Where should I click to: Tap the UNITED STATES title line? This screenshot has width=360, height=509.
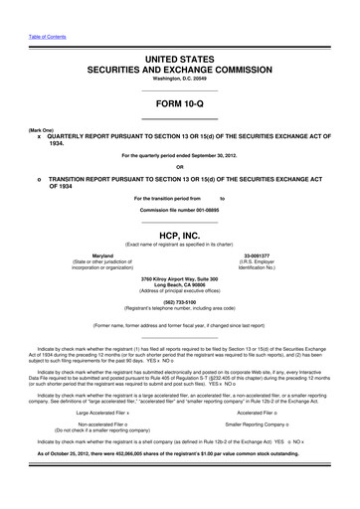[x=180, y=61]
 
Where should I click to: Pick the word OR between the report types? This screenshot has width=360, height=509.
[x=180, y=166]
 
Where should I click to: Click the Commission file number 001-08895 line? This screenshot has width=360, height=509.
[x=180, y=197]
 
